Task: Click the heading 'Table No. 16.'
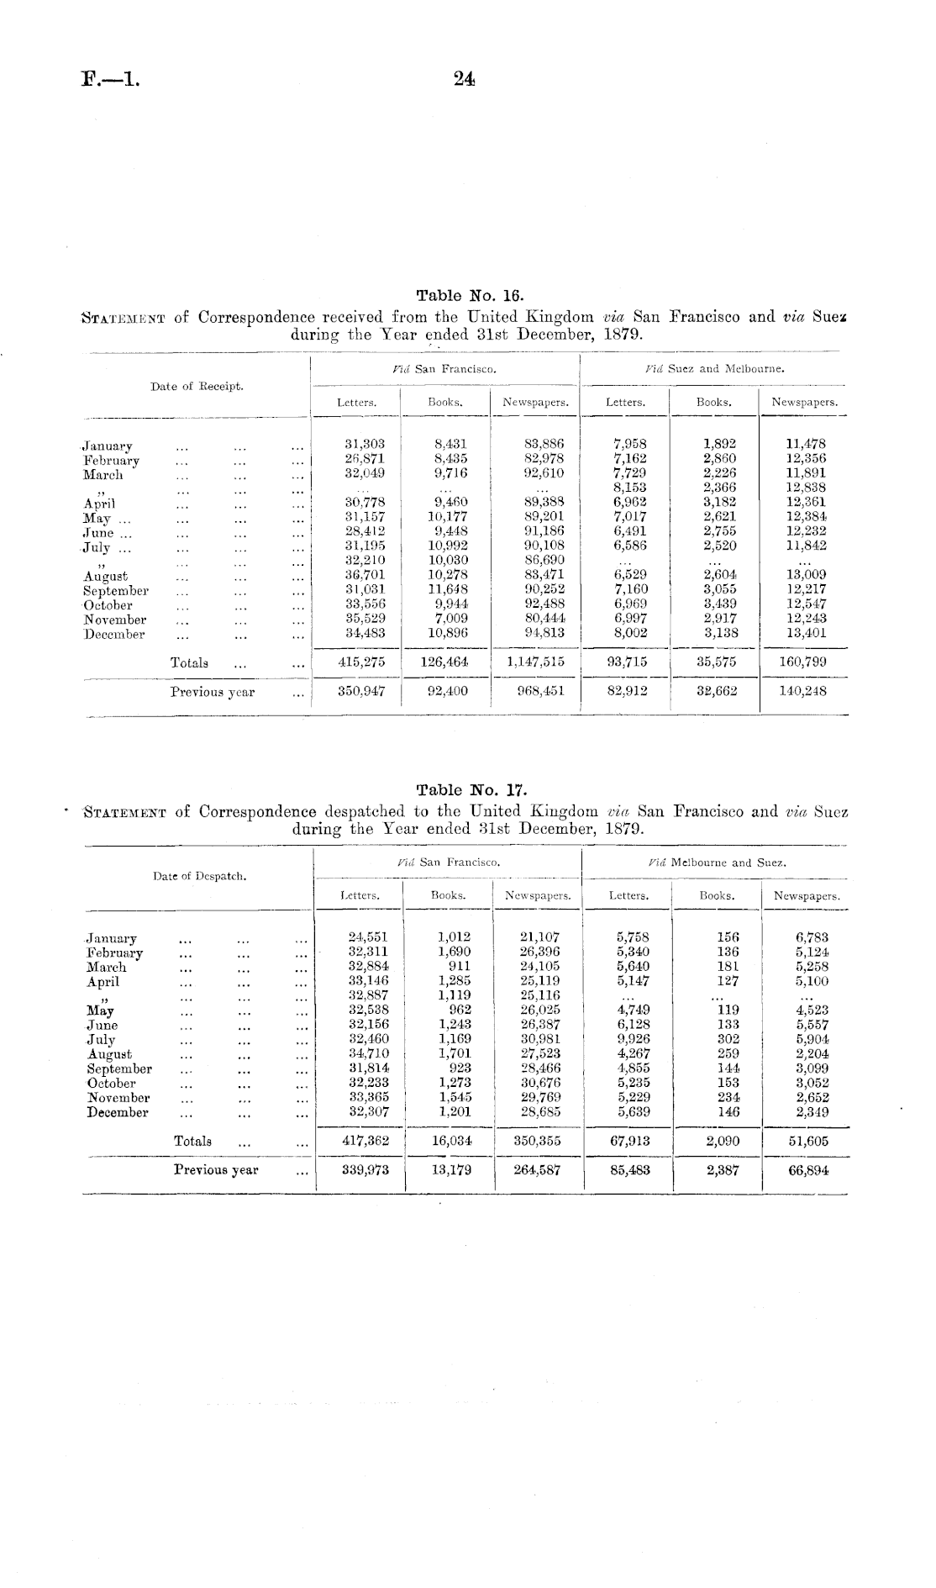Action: (470, 295)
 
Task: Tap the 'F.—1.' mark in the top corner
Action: (110, 80)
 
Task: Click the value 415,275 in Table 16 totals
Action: (361, 662)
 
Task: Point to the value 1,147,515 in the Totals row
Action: (536, 662)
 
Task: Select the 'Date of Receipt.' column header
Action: (197, 387)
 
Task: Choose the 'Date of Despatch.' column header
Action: (199, 876)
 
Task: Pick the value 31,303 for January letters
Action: (365, 444)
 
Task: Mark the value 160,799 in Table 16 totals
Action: (804, 662)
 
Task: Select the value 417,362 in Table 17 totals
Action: (365, 1141)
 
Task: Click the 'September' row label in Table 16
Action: (116, 591)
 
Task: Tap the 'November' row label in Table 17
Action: (118, 1098)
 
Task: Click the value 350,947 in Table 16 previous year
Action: (361, 691)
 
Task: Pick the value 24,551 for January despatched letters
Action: (368, 936)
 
